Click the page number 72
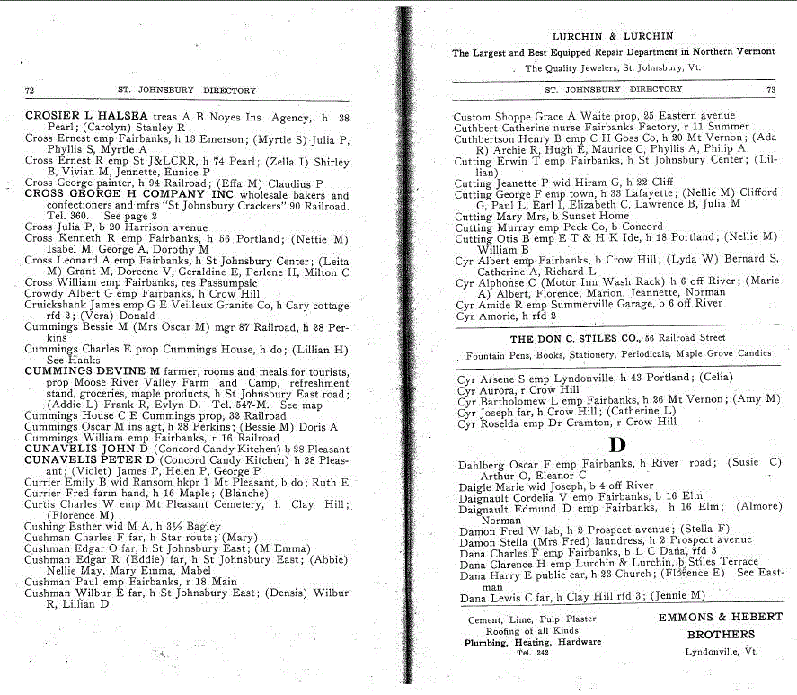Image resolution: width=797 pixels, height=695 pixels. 30,90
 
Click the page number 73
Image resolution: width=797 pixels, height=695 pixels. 770,90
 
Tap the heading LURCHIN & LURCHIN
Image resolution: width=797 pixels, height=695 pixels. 613,36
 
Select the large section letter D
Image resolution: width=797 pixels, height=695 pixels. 616,443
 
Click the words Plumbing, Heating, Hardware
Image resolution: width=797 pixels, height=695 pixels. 532,642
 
